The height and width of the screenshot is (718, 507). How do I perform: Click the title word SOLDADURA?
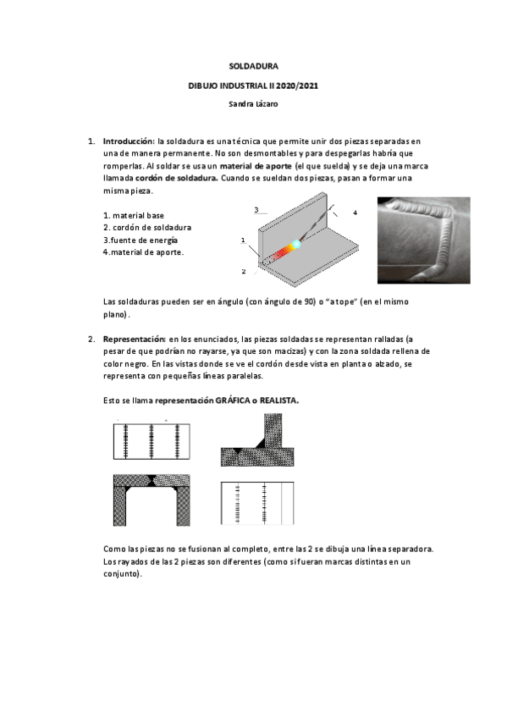click(x=254, y=65)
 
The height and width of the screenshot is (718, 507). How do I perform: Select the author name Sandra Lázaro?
click(x=253, y=104)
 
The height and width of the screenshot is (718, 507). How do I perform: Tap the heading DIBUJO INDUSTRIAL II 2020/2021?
click(x=253, y=85)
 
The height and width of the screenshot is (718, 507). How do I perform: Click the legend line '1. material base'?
click(x=134, y=215)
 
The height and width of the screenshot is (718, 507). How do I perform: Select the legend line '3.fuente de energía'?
click(x=141, y=240)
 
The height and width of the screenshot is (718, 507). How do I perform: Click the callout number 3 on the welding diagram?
click(x=256, y=209)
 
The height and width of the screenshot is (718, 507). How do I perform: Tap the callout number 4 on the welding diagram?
click(x=355, y=212)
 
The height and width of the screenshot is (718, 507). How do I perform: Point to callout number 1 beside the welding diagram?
click(x=242, y=241)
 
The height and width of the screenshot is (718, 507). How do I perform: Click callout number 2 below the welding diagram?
click(x=242, y=271)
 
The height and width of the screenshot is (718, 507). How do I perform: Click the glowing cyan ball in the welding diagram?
click(x=296, y=244)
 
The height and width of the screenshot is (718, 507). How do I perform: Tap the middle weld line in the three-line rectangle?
click(x=152, y=441)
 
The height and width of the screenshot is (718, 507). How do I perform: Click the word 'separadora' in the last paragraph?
click(x=408, y=549)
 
